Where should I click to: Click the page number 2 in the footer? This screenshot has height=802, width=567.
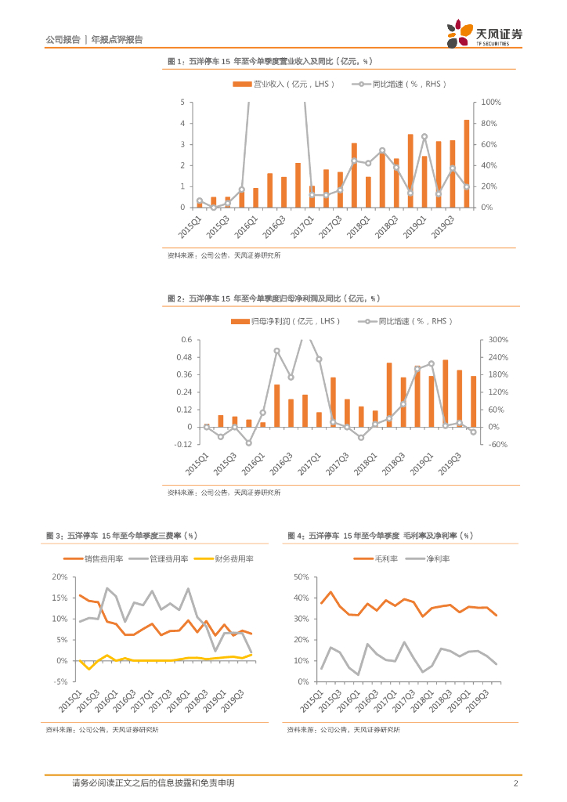click(x=515, y=783)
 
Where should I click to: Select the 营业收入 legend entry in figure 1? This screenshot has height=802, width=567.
click(x=283, y=84)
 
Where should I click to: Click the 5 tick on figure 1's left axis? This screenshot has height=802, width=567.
click(x=182, y=103)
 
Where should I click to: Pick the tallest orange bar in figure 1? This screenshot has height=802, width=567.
click(x=467, y=163)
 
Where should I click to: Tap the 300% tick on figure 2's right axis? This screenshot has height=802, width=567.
click(x=499, y=340)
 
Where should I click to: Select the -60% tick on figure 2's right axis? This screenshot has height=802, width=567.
click(x=498, y=444)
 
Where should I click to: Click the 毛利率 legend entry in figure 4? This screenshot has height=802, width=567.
click(x=381, y=558)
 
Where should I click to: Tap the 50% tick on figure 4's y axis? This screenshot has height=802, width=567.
click(x=301, y=577)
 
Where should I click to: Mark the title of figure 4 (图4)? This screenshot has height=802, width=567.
click(x=379, y=536)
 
